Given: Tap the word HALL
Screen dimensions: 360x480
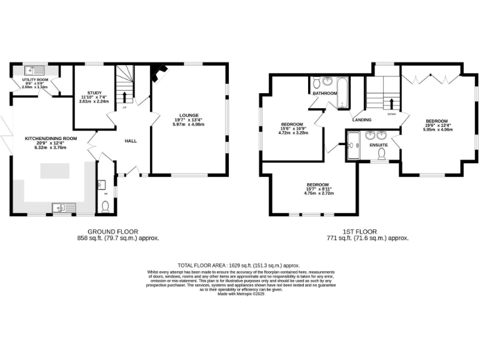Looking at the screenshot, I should pos(131,141).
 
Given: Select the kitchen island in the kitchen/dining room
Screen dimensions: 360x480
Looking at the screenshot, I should pos(60,171).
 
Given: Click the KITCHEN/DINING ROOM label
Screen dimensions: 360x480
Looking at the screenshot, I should pos(51,138).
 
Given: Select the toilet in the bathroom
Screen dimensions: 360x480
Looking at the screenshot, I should pos(316,82).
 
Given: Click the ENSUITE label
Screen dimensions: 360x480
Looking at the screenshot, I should pos(379,145).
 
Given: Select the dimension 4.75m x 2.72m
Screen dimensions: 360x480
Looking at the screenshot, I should pos(319,193).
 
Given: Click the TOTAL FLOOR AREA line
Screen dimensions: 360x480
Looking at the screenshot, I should pos(240,265).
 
